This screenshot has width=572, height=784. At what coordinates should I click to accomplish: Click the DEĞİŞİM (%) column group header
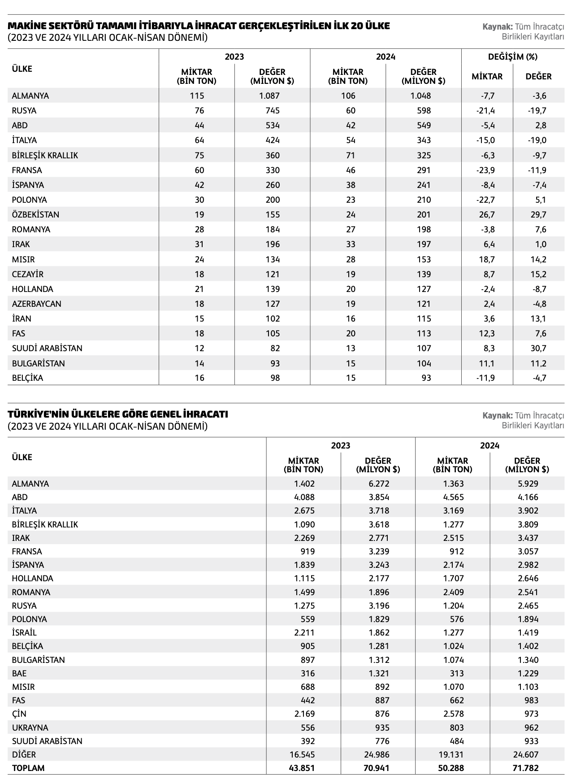(512, 57)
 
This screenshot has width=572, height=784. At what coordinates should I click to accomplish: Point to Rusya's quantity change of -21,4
(486, 110)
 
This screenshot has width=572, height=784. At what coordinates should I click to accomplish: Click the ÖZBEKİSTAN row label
(35, 214)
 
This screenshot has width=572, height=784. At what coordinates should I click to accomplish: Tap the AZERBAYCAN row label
(36, 304)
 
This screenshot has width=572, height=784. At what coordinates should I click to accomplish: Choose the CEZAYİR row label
(27, 274)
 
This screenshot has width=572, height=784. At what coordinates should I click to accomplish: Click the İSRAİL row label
(24, 632)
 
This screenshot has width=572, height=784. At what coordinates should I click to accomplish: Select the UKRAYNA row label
(30, 727)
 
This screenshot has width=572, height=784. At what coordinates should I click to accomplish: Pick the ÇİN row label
(19, 714)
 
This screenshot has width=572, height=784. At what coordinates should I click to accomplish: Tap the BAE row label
(19, 673)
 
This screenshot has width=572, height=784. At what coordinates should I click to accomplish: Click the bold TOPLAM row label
(28, 768)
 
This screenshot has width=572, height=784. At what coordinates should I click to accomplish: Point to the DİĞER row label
(24, 754)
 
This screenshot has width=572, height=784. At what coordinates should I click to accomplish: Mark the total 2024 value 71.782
(525, 768)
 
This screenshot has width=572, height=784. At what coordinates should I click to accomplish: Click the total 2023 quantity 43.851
(304, 768)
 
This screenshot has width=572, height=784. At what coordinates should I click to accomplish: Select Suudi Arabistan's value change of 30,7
(538, 348)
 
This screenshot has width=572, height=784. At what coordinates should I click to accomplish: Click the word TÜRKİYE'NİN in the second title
(36, 414)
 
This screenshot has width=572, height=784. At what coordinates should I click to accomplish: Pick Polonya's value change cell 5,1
(541, 200)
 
